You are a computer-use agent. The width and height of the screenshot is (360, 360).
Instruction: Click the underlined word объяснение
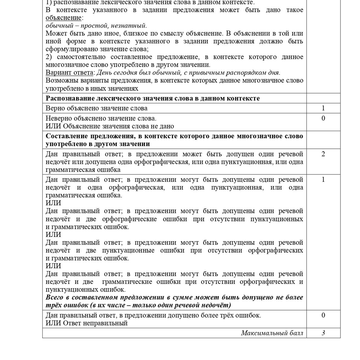pos(64,18)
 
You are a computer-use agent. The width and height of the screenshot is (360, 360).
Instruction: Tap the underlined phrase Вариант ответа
pos(69,73)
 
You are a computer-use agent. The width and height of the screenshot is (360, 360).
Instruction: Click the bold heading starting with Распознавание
pos(153,98)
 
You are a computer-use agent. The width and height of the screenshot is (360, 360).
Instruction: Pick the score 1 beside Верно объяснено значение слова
pos(323,108)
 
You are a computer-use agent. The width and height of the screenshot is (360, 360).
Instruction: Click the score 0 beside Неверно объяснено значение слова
pos(323,118)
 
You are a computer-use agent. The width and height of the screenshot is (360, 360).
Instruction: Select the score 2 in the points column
pos(323,154)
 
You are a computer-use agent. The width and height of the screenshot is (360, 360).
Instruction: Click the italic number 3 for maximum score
pos(323,333)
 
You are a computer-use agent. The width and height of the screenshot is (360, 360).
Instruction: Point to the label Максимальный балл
pos(272,333)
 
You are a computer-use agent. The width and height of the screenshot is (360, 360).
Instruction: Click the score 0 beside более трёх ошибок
pos(323,315)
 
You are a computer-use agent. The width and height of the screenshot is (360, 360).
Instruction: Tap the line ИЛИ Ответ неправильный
pos(87,323)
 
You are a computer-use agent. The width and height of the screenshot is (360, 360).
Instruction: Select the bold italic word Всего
pos(54,297)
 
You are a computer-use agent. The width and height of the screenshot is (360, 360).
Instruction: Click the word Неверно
pos(58,118)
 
